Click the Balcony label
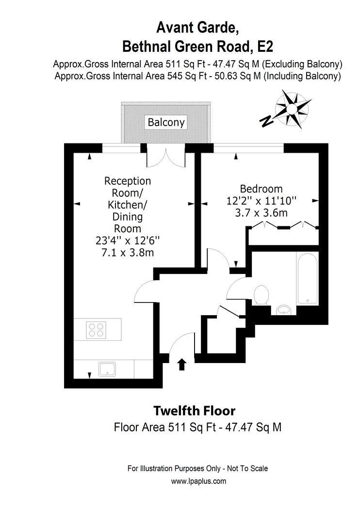coord(166,122)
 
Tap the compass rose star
coord(292,109)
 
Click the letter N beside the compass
coord(267,121)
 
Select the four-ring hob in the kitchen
coord(96,330)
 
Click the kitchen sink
coord(107,369)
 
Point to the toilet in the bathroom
coord(261,295)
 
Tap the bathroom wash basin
coord(284,310)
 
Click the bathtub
coord(307,278)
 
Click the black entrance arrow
coord(182,364)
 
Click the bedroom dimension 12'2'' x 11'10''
coord(261,201)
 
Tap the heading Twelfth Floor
coord(194,411)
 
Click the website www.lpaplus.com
coord(198,481)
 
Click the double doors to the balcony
coord(166,159)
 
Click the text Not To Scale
coord(247,468)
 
